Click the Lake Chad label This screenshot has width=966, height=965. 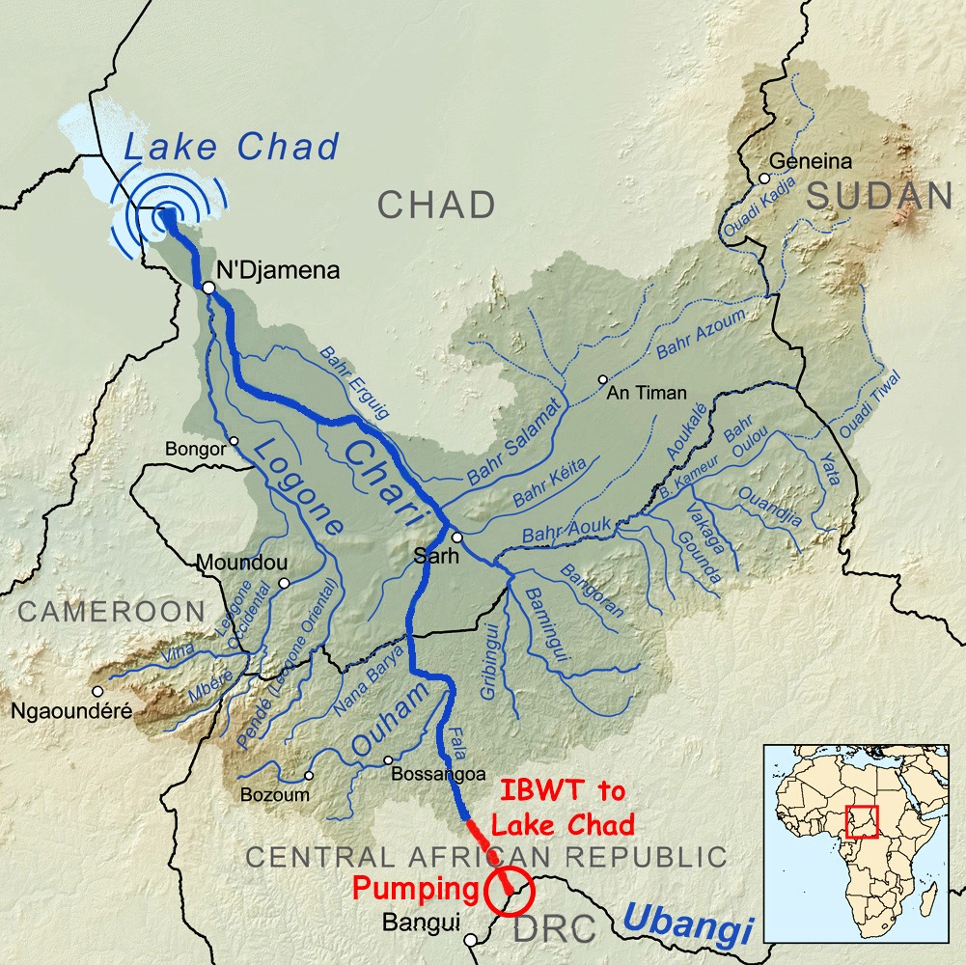pos(232,147)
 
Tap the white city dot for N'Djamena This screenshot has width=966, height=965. pos(207,287)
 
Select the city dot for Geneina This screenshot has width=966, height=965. pos(763,179)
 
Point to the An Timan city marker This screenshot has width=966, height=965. pos(603,379)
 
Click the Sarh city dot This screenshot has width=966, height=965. pos(457,538)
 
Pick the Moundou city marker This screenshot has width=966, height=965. pos(284,583)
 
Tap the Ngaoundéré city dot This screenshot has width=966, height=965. pos(97,691)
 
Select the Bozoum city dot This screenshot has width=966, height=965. pos(309,775)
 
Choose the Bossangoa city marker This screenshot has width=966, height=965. pos(389,759)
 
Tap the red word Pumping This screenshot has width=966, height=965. pos(416,888)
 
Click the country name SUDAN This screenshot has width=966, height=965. pos(879,197)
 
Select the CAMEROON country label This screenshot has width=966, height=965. pos(111,611)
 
